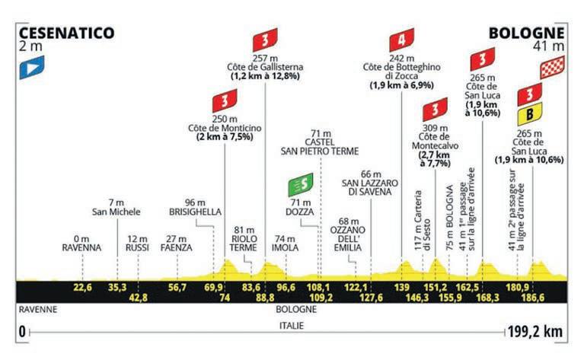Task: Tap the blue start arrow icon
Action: [x=31, y=67]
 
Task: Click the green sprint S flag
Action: [x=298, y=184]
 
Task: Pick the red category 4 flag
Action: [x=400, y=40]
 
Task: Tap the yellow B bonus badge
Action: [x=526, y=115]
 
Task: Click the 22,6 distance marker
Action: [x=83, y=287]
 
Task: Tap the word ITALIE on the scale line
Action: [x=291, y=326]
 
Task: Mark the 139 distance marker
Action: [x=402, y=287]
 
